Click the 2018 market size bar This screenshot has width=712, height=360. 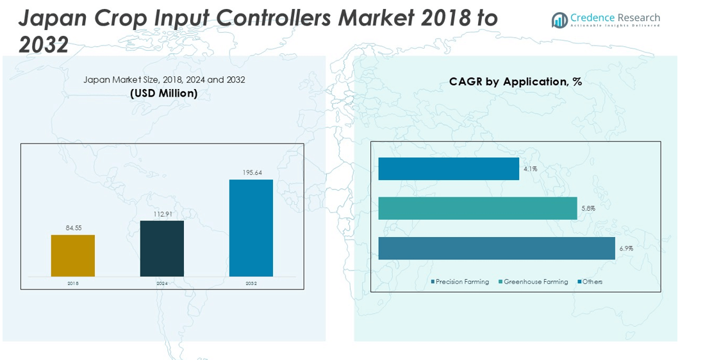(x=73, y=256)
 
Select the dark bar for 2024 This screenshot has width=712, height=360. (x=162, y=249)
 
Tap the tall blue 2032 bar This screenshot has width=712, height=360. (x=251, y=228)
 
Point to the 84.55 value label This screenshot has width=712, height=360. (x=73, y=227)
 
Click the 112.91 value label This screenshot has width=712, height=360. (x=162, y=214)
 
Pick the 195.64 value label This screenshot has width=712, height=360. (x=251, y=172)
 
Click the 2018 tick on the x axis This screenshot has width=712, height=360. (x=73, y=283)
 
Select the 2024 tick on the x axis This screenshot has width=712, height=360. (x=162, y=283)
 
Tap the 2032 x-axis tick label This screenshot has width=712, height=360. (x=251, y=283)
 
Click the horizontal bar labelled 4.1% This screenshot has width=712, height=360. (x=449, y=169)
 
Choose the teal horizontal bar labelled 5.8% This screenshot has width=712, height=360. (x=477, y=208)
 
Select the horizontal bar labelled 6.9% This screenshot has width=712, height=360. (x=497, y=248)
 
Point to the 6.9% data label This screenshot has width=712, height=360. (x=625, y=248)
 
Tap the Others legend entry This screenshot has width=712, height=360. (x=590, y=282)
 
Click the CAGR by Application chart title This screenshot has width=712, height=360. (x=515, y=82)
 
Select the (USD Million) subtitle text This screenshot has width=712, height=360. (x=164, y=94)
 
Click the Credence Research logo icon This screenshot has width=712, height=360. (x=559, y=20)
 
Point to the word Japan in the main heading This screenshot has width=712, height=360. (x=48, y=18)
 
